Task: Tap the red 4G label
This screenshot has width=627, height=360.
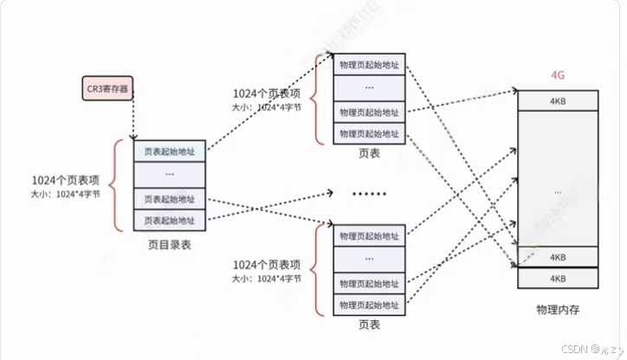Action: click(557, 75)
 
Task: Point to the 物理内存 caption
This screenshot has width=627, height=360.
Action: click(557, 309)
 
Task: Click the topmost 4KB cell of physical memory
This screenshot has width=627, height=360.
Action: click(557, 100)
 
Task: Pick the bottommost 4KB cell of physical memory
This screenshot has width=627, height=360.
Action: click(557, 278)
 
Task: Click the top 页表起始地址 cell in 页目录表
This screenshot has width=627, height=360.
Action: click(170, 151)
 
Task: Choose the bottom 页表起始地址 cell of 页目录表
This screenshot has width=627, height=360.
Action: click(170, 220)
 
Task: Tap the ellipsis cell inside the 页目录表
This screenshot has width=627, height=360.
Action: click(170, 174)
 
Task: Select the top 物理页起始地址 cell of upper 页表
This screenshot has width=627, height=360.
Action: click(369, 65)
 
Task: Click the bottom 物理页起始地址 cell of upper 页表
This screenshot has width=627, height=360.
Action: click(369, 133)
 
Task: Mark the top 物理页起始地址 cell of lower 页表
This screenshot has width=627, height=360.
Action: click(369, 235)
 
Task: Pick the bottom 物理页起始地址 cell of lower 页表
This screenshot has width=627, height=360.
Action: click(369, 304)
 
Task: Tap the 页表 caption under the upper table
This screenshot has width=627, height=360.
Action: click(369, 153)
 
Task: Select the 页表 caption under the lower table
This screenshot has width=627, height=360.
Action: click(369, 324)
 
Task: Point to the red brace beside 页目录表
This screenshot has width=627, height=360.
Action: click(117, 185)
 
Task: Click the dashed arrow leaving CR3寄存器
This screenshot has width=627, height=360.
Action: click(133, 117)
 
